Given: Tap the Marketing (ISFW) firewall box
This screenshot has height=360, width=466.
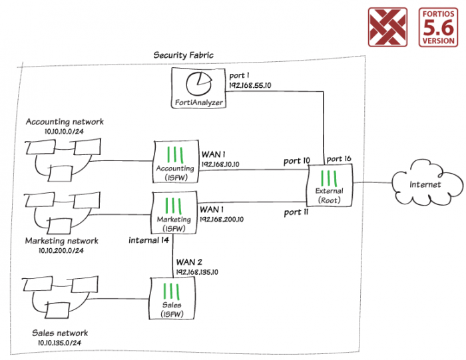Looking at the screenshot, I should pos(174,212).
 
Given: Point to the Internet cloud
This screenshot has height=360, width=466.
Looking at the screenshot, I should pos(424,184).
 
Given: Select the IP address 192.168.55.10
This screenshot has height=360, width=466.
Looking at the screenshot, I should pos(250,86).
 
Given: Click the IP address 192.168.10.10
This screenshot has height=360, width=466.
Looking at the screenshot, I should pos(220,163).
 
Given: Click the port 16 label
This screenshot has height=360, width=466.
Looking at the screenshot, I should pos(338,159).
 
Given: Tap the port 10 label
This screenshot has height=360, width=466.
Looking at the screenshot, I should pos(297,160).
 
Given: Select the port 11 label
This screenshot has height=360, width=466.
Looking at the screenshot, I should pos(296,212).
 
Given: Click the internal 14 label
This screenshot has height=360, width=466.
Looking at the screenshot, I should pos(150,240).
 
